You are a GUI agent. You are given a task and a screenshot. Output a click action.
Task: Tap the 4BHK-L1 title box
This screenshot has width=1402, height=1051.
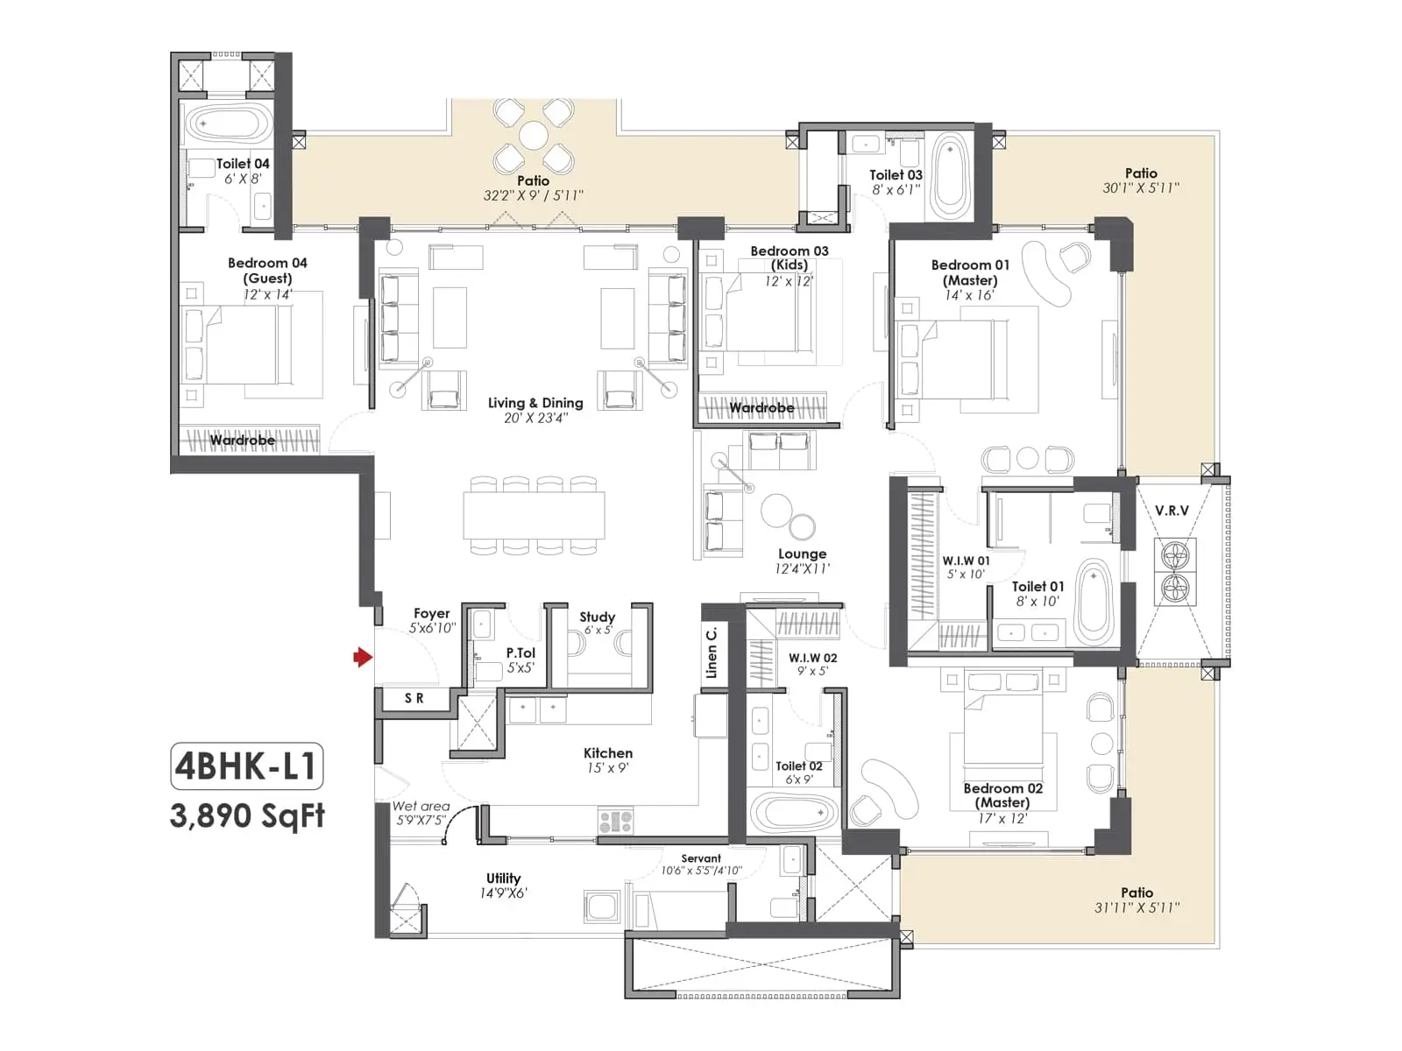(x=246, y=766)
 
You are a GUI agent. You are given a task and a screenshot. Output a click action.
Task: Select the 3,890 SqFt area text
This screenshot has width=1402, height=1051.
(x=247, y=816)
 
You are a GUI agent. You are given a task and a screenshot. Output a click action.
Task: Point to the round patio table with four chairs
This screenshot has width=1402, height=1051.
(x=534, y=137)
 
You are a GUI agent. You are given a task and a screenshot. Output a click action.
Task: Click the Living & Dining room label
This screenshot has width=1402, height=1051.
(x=535, y=410)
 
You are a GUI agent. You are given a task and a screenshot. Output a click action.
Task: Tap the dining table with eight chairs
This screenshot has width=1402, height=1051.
(x=534, y=516)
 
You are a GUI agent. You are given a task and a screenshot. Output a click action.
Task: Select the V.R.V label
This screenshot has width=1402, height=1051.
(x=1172, y=511)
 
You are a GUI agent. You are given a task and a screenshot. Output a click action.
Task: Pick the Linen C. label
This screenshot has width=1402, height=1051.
(x=712, y=652)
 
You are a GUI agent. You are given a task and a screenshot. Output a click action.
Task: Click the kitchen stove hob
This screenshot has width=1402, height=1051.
(x=615, y=822)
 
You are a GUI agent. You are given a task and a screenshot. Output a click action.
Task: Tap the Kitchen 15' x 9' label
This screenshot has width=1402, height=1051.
(x=607, y=760)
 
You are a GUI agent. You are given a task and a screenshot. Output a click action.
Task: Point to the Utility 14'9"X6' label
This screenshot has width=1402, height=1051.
(x=503, y=885)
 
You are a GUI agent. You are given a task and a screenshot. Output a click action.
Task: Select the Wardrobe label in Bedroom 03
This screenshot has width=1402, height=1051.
(x=761, y=408)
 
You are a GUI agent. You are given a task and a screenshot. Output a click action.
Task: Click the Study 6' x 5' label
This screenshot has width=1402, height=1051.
(x=598, y=623)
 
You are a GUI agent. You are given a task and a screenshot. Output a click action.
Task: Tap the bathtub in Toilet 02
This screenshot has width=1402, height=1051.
(x=794, y=814)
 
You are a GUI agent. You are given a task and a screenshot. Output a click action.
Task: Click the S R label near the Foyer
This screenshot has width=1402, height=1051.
(x=414, y=698)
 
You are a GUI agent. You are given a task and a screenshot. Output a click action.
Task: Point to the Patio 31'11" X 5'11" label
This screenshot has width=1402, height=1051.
(x=1136, y=900)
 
